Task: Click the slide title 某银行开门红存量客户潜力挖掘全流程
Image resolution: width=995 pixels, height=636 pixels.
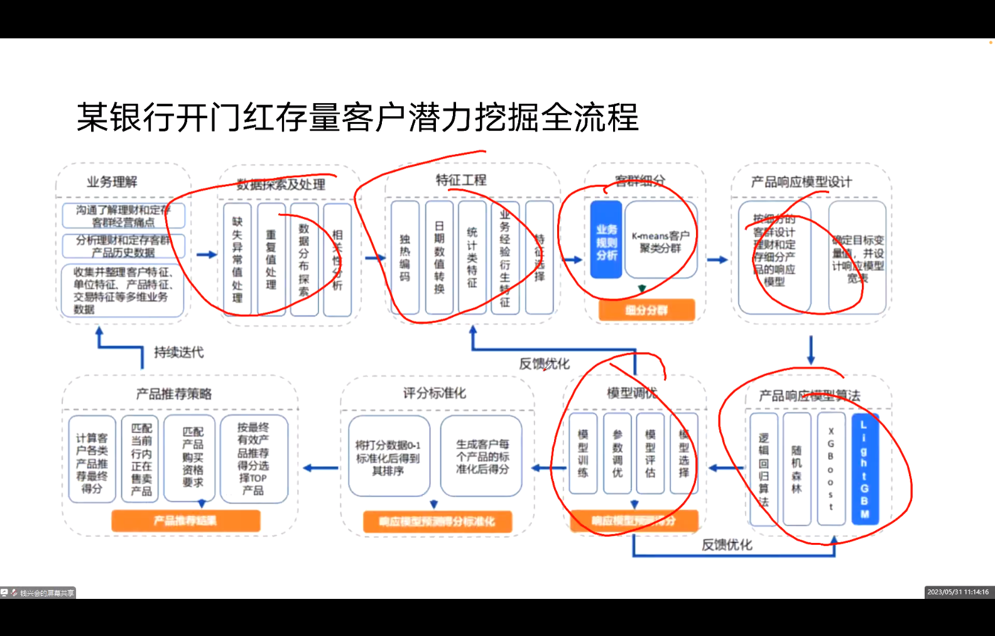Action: pos(357,118)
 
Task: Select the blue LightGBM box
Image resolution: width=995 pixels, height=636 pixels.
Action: pos(864,469)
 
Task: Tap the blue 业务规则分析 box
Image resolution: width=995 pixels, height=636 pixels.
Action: pos(606,240)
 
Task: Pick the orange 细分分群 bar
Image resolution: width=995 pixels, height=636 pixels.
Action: pos(646,310)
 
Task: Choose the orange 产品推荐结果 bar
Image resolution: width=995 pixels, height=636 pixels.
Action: pos(185,520)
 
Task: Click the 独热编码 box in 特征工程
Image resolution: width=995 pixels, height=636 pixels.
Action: pos(405,258)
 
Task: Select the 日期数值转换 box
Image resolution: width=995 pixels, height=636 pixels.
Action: pos(439,258)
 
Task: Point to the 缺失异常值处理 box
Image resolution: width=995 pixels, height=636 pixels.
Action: pos(237,259)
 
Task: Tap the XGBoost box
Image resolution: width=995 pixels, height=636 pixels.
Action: pos(830,469)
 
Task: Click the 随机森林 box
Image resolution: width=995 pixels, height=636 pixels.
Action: pos(797,469)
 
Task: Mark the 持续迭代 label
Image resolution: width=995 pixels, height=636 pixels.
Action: pos(179,352)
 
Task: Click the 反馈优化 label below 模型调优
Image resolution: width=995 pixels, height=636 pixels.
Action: pos(727,545)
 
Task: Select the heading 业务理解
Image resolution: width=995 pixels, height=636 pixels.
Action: pos(112,182)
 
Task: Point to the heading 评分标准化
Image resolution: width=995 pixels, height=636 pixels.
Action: pos(435,393)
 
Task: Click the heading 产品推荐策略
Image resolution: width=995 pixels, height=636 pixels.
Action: pos(174,394)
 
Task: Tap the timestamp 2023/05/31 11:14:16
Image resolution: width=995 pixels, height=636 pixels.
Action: pos(958,592)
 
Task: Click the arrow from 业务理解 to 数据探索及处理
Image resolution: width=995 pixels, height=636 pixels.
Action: pos(206,255)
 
